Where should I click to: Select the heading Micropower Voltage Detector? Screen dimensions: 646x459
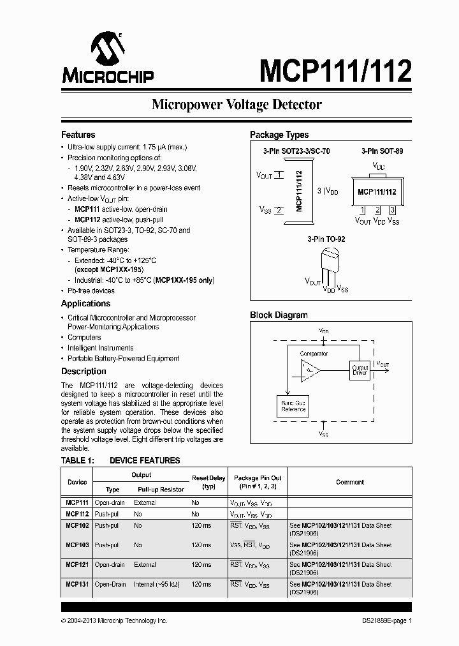[x=237, y=105]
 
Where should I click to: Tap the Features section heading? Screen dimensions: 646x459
[x=78, y=135]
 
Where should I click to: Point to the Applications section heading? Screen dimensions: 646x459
[x=85, y=304]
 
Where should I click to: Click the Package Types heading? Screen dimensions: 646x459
[x=279, y=135]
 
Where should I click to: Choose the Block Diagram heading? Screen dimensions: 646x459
[x=279, y=315]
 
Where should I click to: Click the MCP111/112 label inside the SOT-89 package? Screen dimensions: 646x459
[x=377, y=192]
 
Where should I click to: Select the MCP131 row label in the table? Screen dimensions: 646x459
[x=77, y=584]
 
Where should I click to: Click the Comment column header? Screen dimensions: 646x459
[x=350, y=482]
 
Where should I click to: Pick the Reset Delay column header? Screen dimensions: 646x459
[x=208, y=482]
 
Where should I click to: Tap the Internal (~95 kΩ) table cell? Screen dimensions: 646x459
[x=157, y=584]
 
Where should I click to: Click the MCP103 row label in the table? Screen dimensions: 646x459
[x=77, y=545]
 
